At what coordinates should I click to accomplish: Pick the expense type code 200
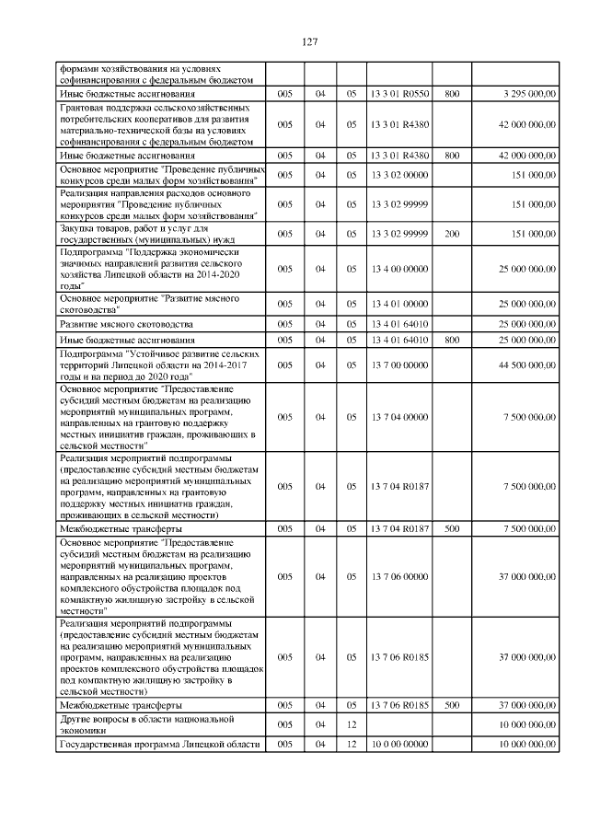click(x=451, y=234)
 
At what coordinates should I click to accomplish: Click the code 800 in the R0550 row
click(x=451, y=94)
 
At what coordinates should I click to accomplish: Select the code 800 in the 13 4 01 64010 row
click(x=451, y=341)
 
